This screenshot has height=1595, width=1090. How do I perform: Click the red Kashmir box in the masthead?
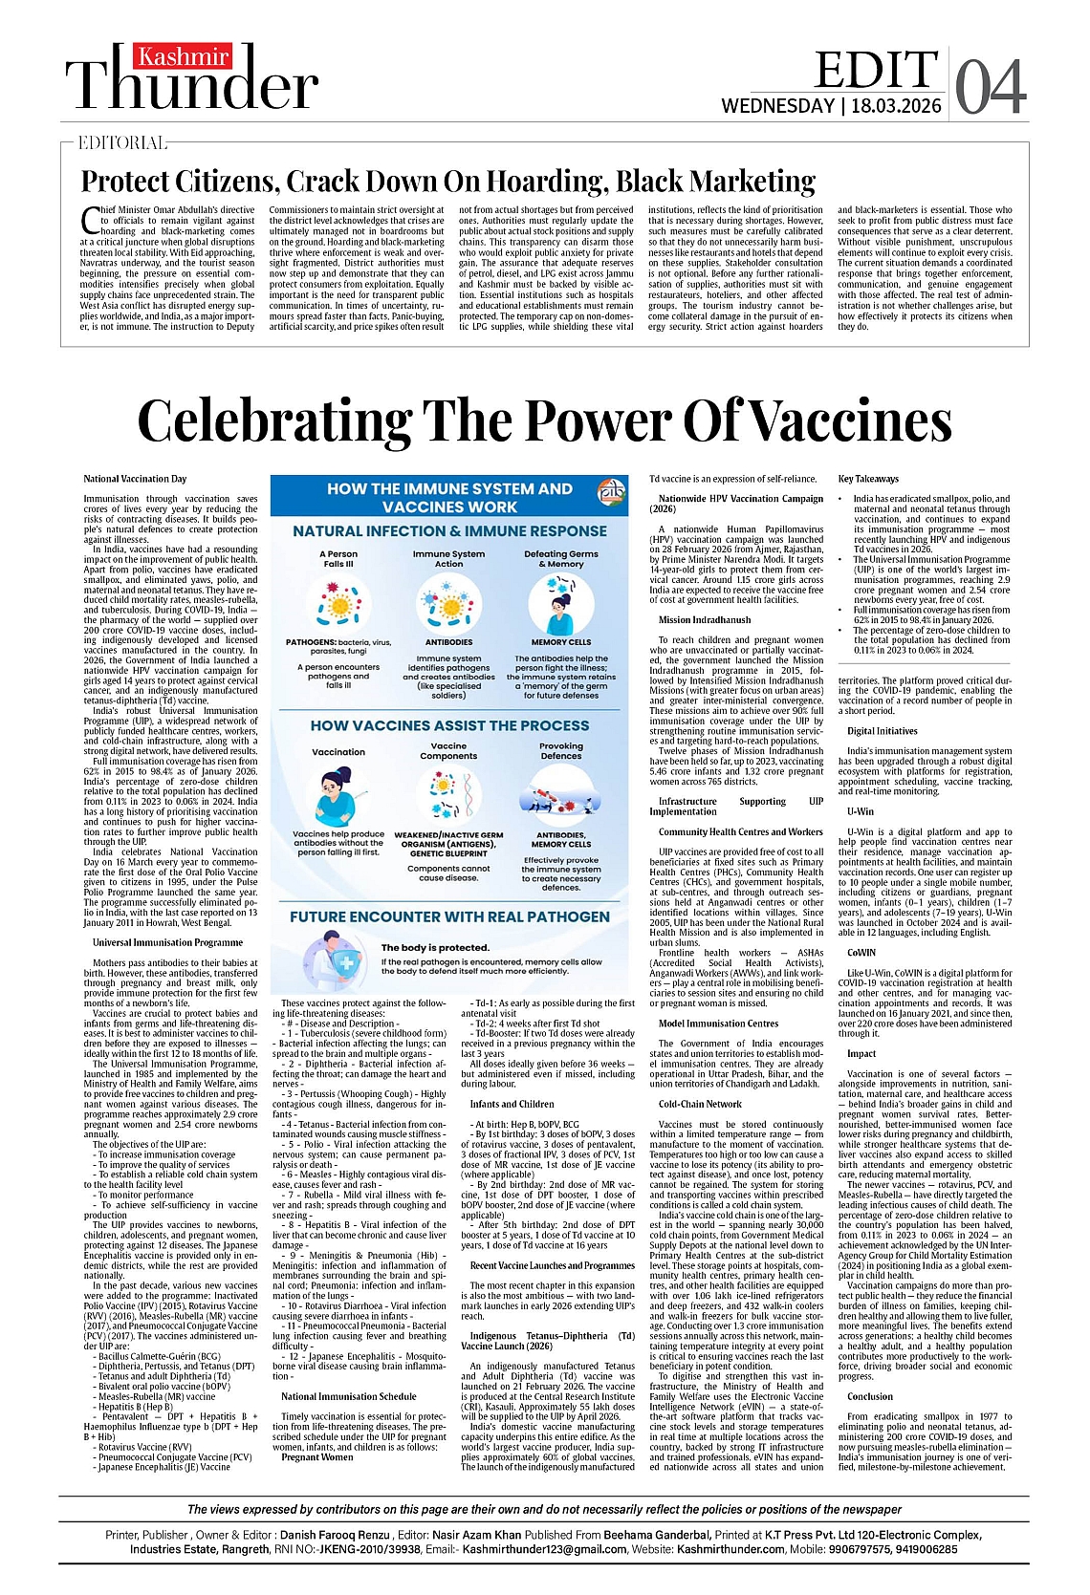(x=182, y=56)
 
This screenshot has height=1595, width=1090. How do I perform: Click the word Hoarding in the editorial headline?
(x=536, y=181)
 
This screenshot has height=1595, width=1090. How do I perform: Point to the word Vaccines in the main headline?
(x=847, y=420)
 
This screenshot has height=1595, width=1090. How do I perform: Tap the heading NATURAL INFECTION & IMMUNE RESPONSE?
(x=449, y=531)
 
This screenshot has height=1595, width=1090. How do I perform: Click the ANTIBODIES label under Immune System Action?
(x=448, y=642)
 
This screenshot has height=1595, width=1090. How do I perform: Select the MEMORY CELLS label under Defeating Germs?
(x=561, y=642)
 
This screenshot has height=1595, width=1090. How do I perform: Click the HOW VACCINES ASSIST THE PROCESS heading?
(x=449, y=726)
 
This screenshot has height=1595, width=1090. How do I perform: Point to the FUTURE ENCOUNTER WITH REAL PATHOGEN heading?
(x=449, y=916)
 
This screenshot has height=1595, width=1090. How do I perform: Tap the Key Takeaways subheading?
(x=868, y=479)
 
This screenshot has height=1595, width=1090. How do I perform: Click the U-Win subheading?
(x=860, y=811)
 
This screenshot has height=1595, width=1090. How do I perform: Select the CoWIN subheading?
(x=861, y=953)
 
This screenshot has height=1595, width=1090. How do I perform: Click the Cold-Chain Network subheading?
(x=700, y=1104)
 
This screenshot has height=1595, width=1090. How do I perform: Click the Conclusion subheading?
(x=869, y=1396)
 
